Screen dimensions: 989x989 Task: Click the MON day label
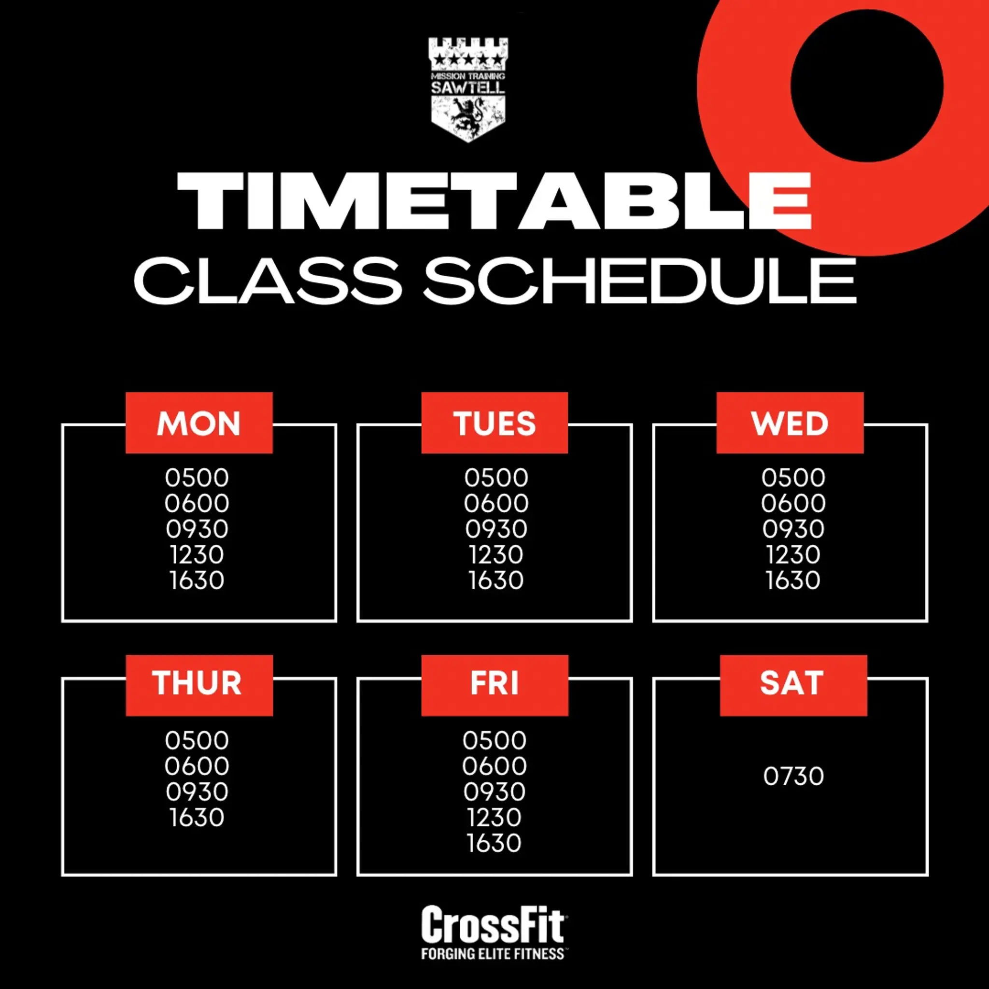point(198,424)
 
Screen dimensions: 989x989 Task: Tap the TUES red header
point(494,424)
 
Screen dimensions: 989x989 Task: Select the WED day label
point(790,424)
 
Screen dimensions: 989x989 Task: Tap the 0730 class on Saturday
point(793,776)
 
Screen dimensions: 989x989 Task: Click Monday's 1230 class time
point(197,555)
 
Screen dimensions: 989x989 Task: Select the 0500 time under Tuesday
point(496,478)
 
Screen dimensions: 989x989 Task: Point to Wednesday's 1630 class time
point(793,580)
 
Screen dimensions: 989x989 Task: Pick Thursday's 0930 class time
point(197,792)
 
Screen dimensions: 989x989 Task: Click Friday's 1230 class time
point(494,818)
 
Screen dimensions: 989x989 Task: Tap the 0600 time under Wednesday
point(793,503)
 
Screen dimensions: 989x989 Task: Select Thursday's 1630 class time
point(197,818)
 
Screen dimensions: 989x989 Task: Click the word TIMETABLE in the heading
point(494,201)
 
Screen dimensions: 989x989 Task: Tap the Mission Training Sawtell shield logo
point(468,90)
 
